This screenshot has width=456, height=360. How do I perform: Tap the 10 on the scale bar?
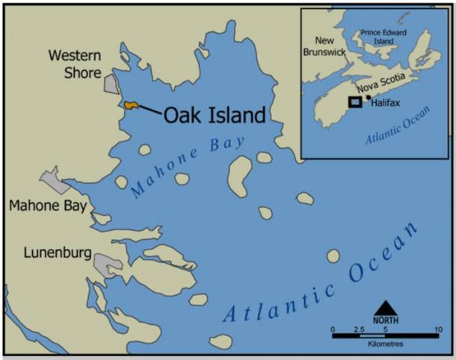437,328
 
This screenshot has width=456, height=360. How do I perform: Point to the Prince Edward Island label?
388,37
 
